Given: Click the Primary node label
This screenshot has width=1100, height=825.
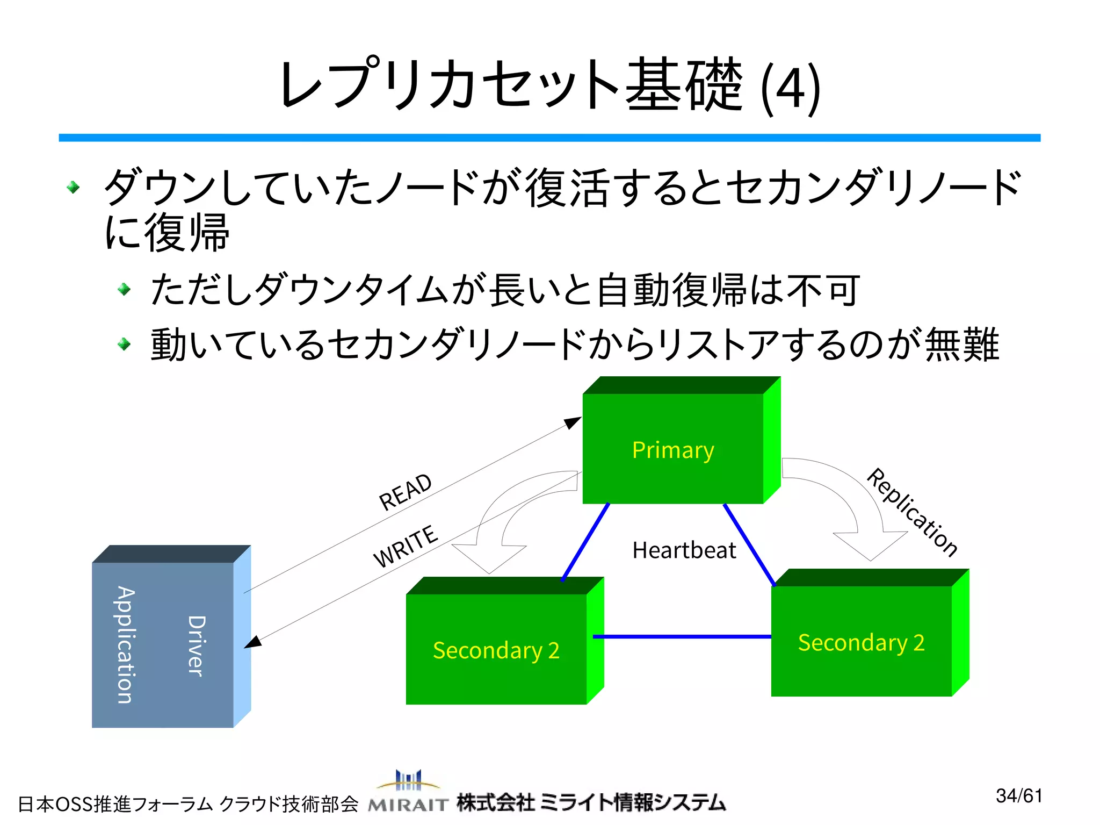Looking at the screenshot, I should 672,450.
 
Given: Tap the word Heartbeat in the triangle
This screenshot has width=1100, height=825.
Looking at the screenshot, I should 684,550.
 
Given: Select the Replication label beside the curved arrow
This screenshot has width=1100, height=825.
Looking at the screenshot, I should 911,512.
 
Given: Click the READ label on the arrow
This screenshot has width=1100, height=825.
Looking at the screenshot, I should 405,492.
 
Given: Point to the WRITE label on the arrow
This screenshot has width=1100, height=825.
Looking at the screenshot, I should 406,546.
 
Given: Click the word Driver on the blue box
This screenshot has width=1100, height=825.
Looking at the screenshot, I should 196,645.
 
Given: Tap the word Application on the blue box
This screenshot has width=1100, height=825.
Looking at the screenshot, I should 126,645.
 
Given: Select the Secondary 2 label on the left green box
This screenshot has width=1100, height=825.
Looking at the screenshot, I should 496,650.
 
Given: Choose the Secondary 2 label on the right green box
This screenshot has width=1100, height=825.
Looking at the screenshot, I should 861,643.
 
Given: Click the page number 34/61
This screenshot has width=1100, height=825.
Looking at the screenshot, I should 1019,795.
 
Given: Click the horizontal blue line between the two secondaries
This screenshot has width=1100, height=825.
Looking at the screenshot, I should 682,636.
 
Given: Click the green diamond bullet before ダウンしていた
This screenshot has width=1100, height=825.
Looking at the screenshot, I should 74,188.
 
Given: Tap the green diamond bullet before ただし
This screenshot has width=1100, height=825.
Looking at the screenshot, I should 124,290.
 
